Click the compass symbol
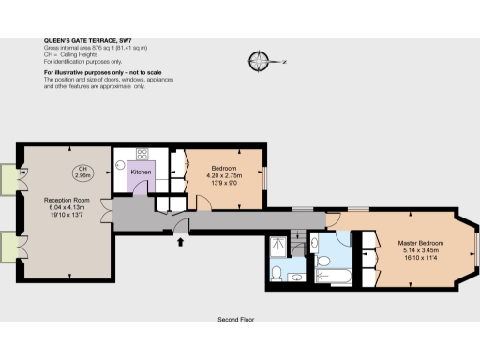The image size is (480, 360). point(260,62)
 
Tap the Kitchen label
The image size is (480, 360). point(141,172)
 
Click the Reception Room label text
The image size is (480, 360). point(66,200)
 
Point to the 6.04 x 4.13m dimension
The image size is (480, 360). point(66,207)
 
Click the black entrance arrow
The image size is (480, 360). point(180,243)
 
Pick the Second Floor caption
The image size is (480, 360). point(236,319)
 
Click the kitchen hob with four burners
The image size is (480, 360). point(142,154)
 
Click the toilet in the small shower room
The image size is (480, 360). point(277,274)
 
